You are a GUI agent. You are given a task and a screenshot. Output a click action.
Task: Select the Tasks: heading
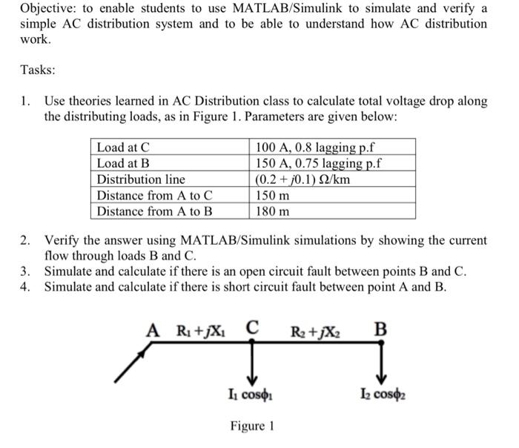[38, 70]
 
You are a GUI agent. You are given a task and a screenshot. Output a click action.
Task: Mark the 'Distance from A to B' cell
[154, 211]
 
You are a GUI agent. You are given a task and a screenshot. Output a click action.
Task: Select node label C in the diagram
[253, 327]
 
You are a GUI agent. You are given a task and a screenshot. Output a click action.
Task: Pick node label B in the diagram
[381, 327]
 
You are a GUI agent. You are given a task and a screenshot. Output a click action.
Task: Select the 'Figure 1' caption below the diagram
[252, 426]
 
